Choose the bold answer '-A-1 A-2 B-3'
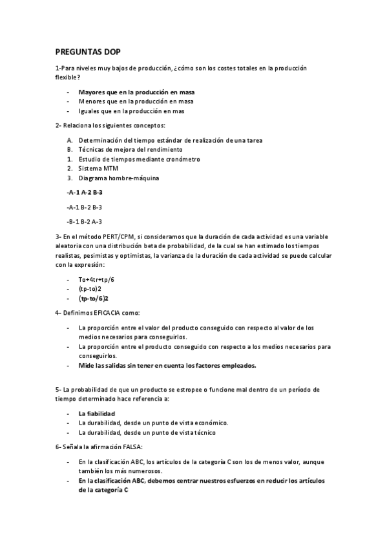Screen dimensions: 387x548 pos(85,193)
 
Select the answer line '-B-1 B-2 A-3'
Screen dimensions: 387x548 pos(84,221)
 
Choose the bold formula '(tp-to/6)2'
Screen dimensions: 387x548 pos(93,299)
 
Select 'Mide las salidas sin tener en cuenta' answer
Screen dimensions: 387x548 pos(167,365)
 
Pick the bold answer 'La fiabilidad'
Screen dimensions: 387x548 pos(96,414)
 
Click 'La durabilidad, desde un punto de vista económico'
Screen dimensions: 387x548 pos(153,423)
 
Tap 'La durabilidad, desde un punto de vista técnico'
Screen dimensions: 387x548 pos(147,432)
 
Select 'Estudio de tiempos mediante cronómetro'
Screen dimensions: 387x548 pos(139,159)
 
